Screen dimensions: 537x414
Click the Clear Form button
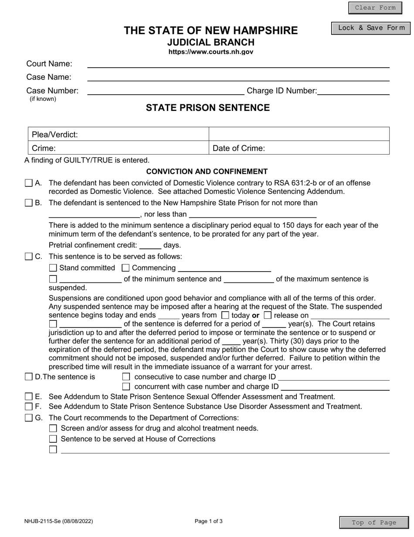click(375, 8)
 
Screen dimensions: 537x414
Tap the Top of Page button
click(374, 523)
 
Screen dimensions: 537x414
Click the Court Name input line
click(238, 64)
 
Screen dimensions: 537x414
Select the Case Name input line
click(238, 77)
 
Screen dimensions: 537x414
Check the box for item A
click(28, 183)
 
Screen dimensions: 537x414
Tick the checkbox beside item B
click(28, 203)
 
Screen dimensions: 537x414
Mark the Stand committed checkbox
click(53, 268)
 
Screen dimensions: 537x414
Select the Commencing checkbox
click(126, 268)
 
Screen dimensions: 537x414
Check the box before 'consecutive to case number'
click(126, 377)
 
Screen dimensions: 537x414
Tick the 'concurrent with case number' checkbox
click(126, 386)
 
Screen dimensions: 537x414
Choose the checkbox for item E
click(28, 396)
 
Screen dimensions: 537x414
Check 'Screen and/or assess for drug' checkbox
click(53, 428)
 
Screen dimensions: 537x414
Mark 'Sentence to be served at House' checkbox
click(53, 439)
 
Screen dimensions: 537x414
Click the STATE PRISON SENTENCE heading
click(207, 108)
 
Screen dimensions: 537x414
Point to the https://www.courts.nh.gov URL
click(210, 52)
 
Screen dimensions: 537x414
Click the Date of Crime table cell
click(299, 148)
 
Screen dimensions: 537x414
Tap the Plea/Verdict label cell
click(118, 134)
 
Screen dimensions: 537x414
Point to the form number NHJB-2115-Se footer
click(58, 521)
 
